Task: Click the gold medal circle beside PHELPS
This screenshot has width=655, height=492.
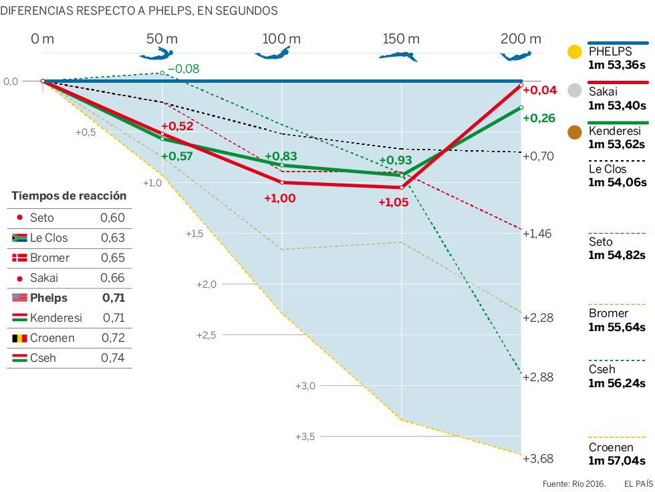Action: pyautogui.click(x=573, y=52)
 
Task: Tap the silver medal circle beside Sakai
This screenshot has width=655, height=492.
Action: pyautogui.click(x=573, y=91)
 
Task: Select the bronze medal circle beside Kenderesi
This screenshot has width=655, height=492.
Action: pyautogui.click(x=573, y=132)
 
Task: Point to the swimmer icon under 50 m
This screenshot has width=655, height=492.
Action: pyautogui.click(x=158, y=55)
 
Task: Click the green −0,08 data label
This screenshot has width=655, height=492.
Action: pyautogui.click(x=183, y=69)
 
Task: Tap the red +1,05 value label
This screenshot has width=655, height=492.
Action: pyautogui.click(x=393, y=202)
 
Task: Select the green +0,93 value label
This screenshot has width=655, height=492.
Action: pyautogui.click(x=396, y=160)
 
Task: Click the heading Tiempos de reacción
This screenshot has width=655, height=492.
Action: pyautogui.click(x=69, y=196)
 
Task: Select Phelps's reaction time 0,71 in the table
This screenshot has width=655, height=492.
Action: pyautogui.click(x=113, y=298)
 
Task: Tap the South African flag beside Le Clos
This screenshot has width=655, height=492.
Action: pyautogui.click(x=19, y=238)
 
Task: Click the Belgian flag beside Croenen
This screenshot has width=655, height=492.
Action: pyautogui.click(x=19, y=338)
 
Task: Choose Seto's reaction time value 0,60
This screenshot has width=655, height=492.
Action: pyautogui.click(x=112, y=218)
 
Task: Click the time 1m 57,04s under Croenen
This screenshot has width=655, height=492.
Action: pyautogui.click(x=616, y=460)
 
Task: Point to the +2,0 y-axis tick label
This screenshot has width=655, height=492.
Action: pyautogui.click(x=207, y=284)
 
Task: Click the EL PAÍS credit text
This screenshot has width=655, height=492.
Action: pyautogui.click(x=638, y=483)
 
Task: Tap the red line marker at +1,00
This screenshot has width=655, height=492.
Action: pyautogui.click(x=282, y=182)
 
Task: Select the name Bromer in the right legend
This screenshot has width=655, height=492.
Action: pyautogui.click(x=608, y=313)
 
